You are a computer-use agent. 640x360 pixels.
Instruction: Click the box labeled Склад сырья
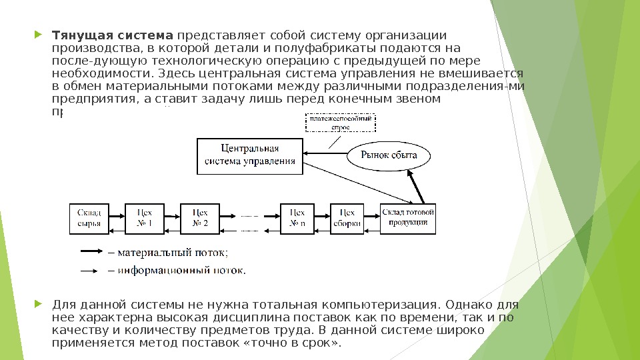(88, 218)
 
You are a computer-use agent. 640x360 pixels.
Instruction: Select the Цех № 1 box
(145, 218)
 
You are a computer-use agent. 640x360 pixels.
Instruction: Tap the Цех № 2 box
(200, 218)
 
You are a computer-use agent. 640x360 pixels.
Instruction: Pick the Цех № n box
(297, 218)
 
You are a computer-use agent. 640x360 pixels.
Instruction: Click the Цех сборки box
(347, 218)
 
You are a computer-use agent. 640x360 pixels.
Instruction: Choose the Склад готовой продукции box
(408, 218)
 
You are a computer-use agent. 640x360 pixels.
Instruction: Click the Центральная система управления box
(250, 155)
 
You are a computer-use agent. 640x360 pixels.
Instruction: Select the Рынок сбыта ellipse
(389, 155)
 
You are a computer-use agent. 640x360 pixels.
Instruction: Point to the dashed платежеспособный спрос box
(341, 123)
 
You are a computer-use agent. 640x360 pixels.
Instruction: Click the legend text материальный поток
(172, 253)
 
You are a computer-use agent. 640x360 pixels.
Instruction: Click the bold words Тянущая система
(113, 35)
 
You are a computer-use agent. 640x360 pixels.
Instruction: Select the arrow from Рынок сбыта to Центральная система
(325, 157)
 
